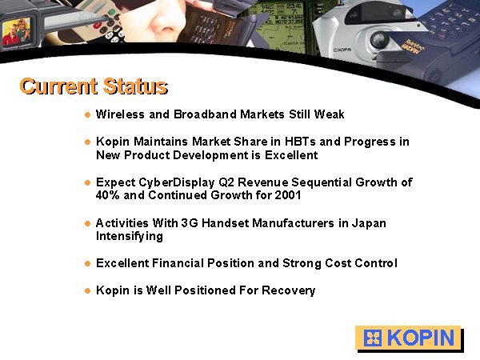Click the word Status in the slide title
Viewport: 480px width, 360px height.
[135, 86]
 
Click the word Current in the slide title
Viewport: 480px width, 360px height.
[58, 86]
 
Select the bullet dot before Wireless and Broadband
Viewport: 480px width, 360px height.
[88, 115]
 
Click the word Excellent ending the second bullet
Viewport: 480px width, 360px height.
[291, 155]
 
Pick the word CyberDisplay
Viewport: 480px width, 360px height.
[177, 182]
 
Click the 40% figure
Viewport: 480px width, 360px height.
[107, 195]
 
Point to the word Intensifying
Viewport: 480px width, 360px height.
[129, 237]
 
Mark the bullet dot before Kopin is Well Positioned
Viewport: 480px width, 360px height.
[88, 291]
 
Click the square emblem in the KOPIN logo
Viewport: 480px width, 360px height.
[373, 338]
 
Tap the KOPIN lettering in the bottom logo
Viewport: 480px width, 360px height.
[421, 338]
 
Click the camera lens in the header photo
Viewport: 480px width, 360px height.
[379, 40]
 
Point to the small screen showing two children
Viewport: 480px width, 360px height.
[17, 31]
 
